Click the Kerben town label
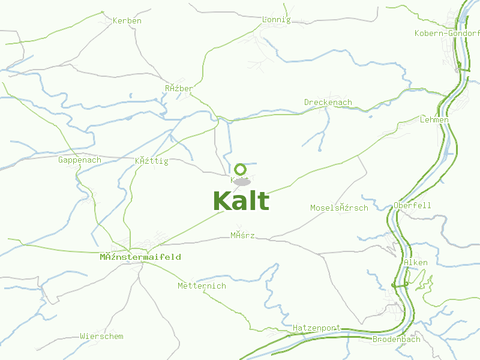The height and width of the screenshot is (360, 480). pyautogui.click(x=127, y=21)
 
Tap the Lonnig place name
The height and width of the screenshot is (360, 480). pyautogui.click(x=277, y=20)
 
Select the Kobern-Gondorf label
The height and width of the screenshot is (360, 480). pyautogui.click(x=447, y=33)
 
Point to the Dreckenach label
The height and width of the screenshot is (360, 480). pyautogui.click(x=328, y=103)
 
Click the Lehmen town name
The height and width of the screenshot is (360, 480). pyautogui.click(x=434, y=120)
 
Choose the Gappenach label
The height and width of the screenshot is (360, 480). pyautogui.click(x=80, y=160)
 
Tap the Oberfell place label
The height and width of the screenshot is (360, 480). pyautogui.click(x=412, y=205)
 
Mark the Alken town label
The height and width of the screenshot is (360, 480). pyautogui.click(x=416, y=263)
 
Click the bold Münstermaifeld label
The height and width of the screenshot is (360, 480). pyautogui.click(x=140, y=257)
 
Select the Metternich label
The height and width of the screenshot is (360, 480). pyautogui.click(x=202, y=286)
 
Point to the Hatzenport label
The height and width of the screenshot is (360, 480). pyautogui.click(x=317, y=328)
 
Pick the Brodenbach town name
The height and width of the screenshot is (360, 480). pyautogui.click(x=397, y=339)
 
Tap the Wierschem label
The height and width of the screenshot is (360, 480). pyautogui.click(x=101, y=337)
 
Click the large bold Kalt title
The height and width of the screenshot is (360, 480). pyautogui.click(x=241, y=201)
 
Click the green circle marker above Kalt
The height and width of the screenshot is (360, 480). pyautogui.click(x=241, y=169)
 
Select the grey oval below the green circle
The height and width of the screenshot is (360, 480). pyautogui.click(x=242, y=181)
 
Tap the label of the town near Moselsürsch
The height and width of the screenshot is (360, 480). pyautogui.click(x=339, y=208)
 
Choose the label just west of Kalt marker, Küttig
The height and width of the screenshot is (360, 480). pyautogui.click(x=151, y=161)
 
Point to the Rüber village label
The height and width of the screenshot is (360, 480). pyautogui.click(x=179, y=89)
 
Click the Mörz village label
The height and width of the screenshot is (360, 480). pyautogui.click(x=242, y=235)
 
